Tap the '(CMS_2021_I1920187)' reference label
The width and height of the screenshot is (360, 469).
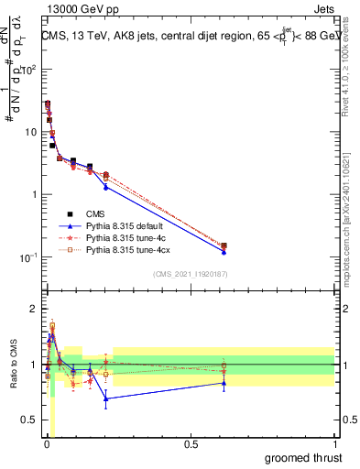click(190, 272)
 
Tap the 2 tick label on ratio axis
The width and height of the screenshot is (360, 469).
click(34, 309)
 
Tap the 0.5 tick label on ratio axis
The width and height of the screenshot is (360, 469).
click(29, 420)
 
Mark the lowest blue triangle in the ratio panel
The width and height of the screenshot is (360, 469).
click(106, 398)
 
